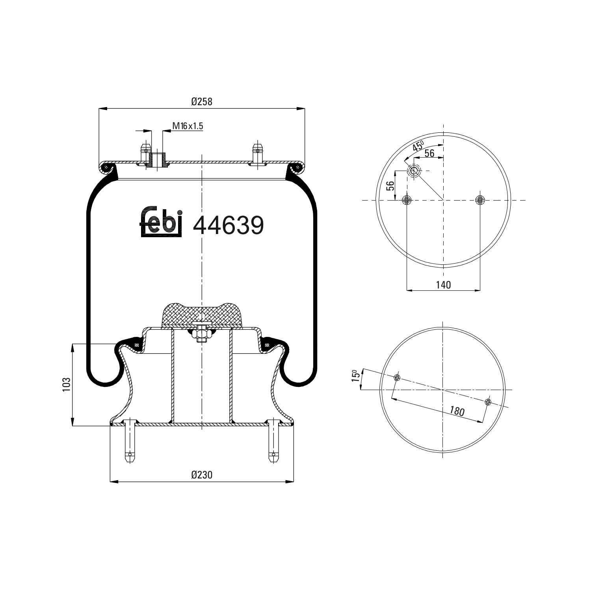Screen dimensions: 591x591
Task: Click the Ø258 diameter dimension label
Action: click(202, 102)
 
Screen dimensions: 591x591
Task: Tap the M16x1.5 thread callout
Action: click(188, 126)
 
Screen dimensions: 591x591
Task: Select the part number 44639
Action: click(228, 226)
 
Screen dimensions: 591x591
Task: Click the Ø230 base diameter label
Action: click(202, 475)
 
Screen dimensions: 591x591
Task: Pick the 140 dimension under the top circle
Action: click(443, 284)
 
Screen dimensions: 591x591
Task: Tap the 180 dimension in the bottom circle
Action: click(457, 411)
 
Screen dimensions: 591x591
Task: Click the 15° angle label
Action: click(355, 375)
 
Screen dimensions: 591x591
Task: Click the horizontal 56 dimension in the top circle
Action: click(429, 153)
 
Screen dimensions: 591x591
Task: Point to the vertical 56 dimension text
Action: click(390, 186)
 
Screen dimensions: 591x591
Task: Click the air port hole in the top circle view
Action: click(414, 171)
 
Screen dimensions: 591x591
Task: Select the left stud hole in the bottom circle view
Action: click(397, 378)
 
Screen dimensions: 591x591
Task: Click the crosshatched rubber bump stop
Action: click(202, 314)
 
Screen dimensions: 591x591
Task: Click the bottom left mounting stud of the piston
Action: click(130, 441)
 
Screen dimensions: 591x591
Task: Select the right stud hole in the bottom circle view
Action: click(488, 402)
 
